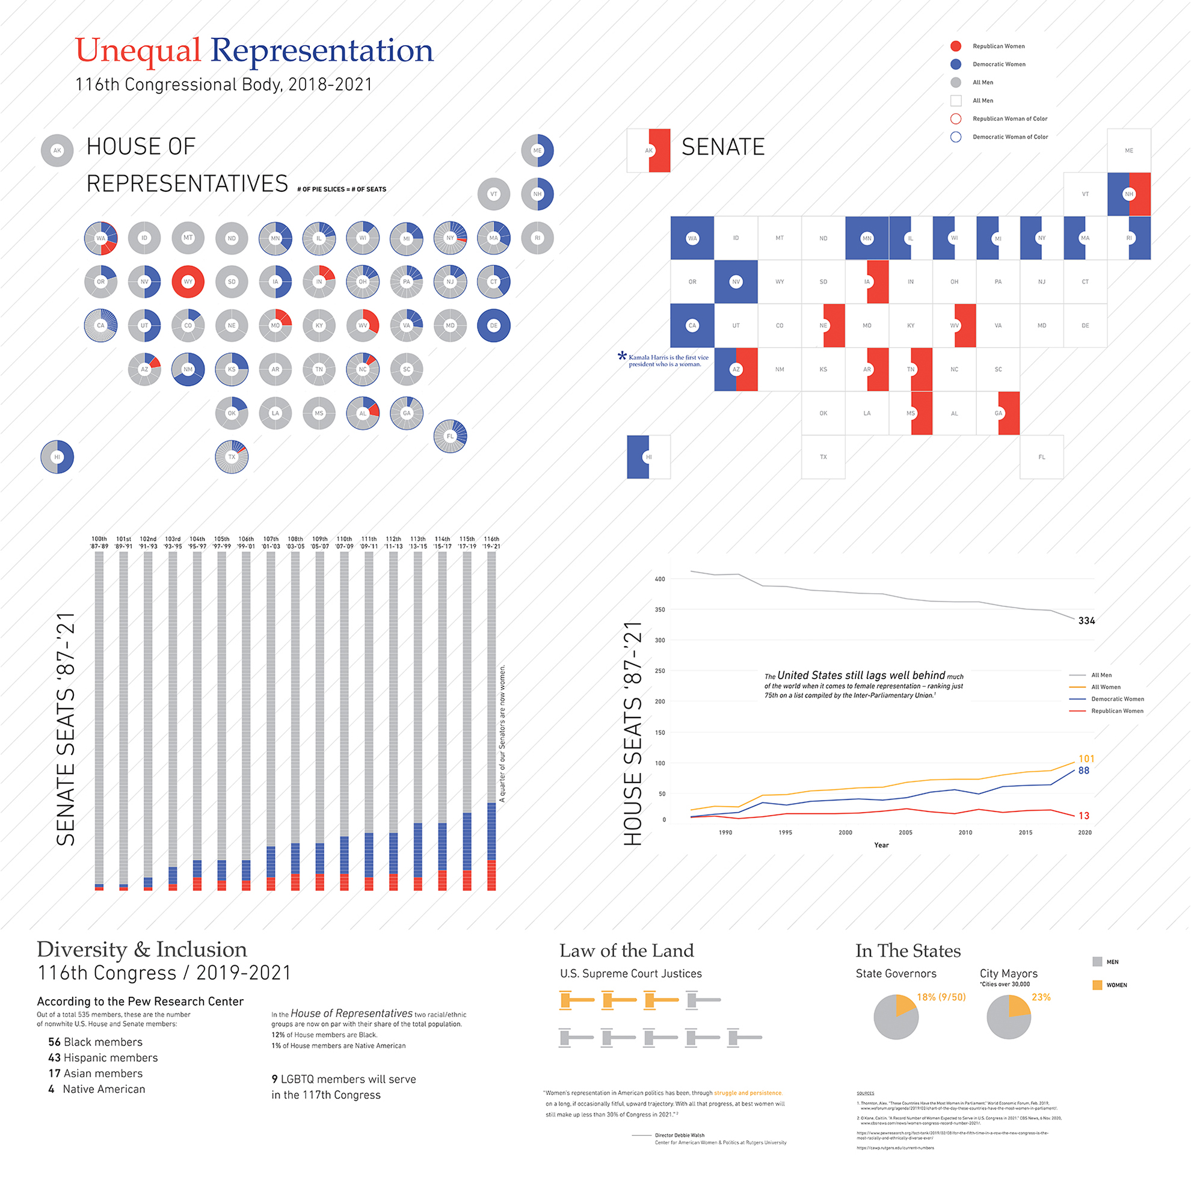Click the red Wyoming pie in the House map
pos(188,282)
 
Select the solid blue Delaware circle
pos(493,325)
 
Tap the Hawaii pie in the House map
pos(57,457)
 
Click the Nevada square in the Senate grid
pos(736,282)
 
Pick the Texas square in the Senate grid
pos(823,457)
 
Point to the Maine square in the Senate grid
pos(1128,150)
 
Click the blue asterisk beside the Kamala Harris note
pos(622,355)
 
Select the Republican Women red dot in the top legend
pos(956,46)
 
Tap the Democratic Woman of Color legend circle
pos(956,137)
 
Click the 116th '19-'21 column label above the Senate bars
pos(491,543)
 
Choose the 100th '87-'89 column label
pos(99,543)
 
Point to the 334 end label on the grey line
pos(1086,621)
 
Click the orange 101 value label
pos(1086,759)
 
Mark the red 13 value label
pos(1084,816)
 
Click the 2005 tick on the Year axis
pos(905,832)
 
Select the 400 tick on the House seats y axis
pos(660,579)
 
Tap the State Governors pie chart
pos(896,1017)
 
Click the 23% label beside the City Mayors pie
pos(1041,997)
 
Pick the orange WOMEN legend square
pos(1097,985)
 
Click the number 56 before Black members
pos(54,1042)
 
